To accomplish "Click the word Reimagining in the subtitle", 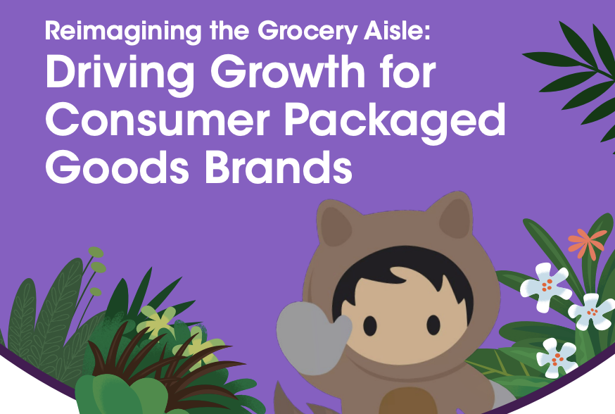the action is tap(123, 31).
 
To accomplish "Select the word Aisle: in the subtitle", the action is tap(397, 30).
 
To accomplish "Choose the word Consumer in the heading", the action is tap(158, 120).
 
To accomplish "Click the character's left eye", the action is tap(369, 325).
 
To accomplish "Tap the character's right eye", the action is tap(433, 325).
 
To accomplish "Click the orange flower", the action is tap(586, 244).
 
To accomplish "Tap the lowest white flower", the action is tap(556, 358).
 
